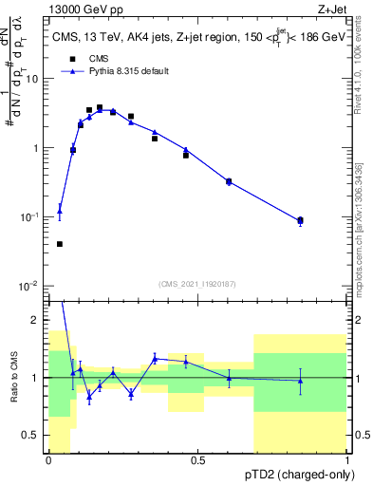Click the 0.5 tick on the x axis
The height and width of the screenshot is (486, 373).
click(x=197, y=461)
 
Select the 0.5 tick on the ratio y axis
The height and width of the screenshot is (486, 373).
click(x=34, y=435)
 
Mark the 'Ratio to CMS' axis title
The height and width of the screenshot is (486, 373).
click(x=13, y=378)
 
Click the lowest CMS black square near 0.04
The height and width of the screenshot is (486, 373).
click(x=60, y=244)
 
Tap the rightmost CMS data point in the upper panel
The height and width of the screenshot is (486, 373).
click(x=300, y=220)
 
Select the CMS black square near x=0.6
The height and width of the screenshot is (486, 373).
click(x=229, y=181)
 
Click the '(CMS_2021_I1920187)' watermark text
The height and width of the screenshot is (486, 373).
click(x=196, y=283)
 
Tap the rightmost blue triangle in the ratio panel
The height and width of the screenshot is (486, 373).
click(x=300, y=382)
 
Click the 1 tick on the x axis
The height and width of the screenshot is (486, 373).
click(x=346, y=461)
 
